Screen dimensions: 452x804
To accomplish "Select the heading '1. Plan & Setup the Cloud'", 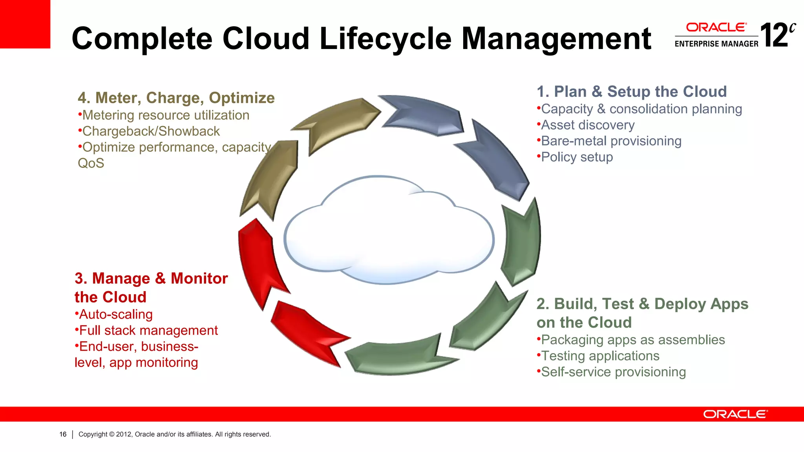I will [632, 92].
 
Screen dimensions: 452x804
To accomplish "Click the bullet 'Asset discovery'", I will [588, 125].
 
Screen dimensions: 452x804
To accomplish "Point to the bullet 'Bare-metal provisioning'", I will [611, 141].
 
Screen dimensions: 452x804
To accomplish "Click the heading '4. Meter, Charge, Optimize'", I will [176, 98].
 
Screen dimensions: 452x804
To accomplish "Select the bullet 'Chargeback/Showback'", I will [151, 131].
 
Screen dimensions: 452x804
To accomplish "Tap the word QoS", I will [91, 163].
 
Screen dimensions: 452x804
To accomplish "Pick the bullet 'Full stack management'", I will [148, 331].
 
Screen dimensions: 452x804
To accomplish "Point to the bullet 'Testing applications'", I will [600, 356].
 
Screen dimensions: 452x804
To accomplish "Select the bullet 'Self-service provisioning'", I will [613, 372].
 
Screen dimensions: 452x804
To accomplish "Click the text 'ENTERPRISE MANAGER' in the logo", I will [716, 44].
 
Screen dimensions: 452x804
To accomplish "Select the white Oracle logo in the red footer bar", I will [735, 414].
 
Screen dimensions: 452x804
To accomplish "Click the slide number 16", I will [63, 434].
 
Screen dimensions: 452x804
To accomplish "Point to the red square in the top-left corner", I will [25, 24].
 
